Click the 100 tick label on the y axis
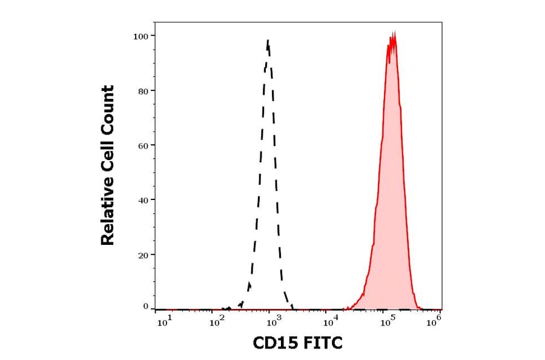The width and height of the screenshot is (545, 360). coord(140,36)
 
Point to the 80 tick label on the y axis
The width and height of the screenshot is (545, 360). coord(143,91)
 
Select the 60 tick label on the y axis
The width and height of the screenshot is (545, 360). coord(143,145)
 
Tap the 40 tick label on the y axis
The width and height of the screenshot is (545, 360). coord(143,200)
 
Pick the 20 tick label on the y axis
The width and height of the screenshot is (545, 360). coord(143,255)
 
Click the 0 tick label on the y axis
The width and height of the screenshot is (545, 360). coord(145,307)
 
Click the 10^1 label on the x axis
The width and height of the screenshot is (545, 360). coord(165,322)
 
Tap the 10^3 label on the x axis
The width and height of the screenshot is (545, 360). coord(272,322)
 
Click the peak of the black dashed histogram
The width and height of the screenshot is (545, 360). coord(268,41)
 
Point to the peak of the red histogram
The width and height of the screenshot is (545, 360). coord(392,35)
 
